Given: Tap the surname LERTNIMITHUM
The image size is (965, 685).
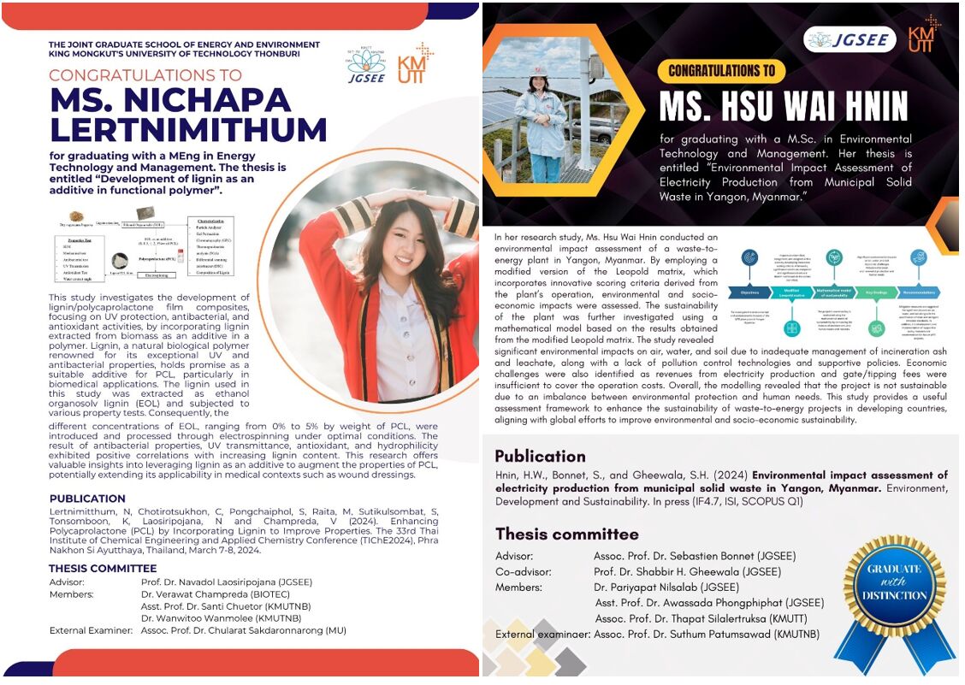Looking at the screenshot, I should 188,129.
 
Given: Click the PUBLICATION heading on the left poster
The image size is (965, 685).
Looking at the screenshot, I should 87,499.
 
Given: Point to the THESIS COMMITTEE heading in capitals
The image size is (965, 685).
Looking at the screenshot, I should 103,568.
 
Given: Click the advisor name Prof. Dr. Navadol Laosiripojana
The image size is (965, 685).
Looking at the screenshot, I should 227,582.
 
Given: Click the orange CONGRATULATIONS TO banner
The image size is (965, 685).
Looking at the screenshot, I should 722,71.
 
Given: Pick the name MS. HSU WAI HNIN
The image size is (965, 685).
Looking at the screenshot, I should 783,107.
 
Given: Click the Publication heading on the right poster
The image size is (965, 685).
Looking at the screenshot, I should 540,456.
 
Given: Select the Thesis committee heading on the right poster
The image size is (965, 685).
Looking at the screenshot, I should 566,534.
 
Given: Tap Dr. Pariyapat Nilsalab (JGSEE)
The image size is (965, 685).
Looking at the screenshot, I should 666,588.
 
